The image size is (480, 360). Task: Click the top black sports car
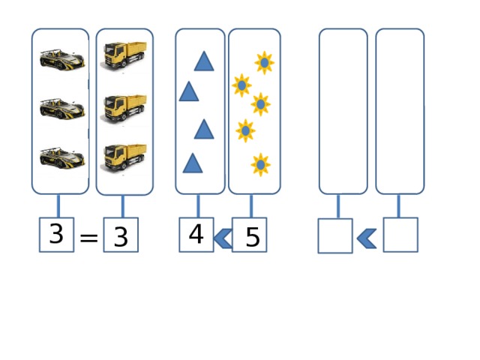(61, 58)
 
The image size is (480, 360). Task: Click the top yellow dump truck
(124, 57)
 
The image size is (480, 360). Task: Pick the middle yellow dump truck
(124, 107)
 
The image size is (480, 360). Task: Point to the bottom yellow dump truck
(124, 157)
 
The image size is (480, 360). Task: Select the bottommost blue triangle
(193, 163)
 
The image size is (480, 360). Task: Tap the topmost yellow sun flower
(264, 62)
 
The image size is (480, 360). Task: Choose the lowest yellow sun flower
(260, 164)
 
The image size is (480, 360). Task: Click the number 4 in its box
(196, 235)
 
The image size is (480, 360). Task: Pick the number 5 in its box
(251, 237)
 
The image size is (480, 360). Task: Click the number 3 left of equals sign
(56, 235)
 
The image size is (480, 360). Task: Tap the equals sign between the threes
(88, 238)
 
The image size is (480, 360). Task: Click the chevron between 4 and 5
(223, 239)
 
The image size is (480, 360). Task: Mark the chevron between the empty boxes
(367, 238)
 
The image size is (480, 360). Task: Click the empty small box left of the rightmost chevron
(334, 235)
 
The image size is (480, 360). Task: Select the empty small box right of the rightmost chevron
(400, 235)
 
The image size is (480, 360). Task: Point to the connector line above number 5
(251, 205)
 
